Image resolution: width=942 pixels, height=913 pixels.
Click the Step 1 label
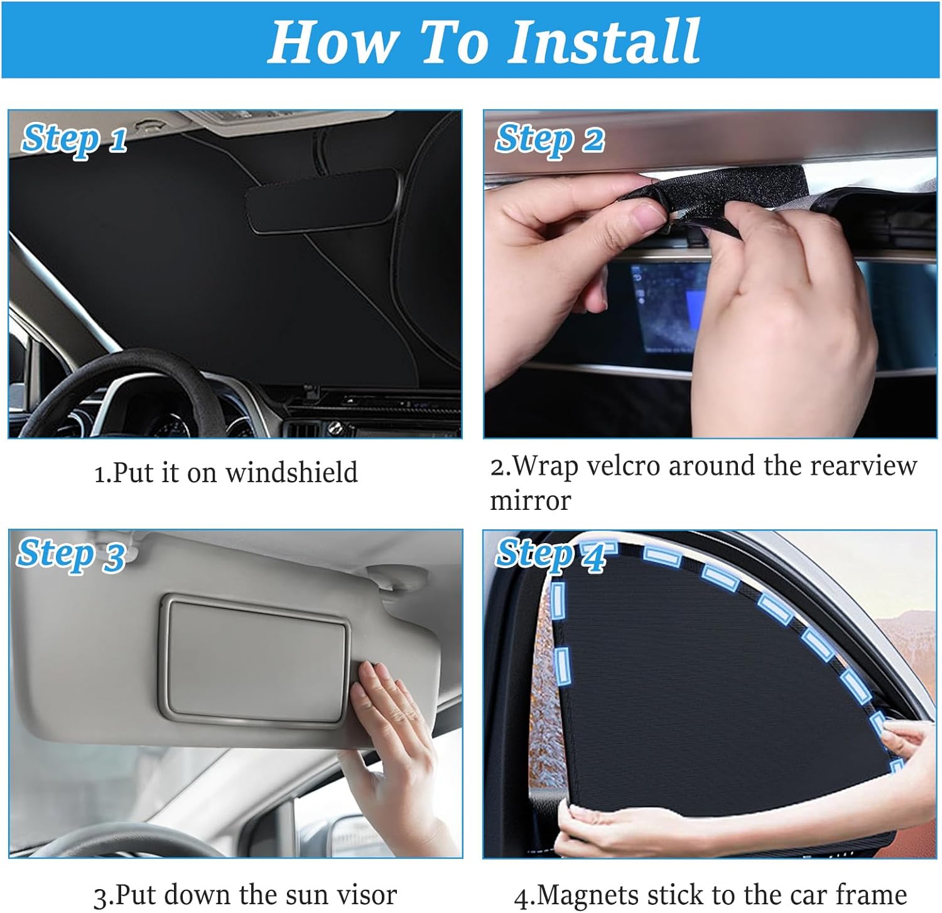point(74,139)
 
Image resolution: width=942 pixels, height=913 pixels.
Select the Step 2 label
point(549,139)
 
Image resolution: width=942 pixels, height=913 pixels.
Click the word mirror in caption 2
point(530,501)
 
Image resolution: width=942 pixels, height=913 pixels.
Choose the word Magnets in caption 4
point(588,895)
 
